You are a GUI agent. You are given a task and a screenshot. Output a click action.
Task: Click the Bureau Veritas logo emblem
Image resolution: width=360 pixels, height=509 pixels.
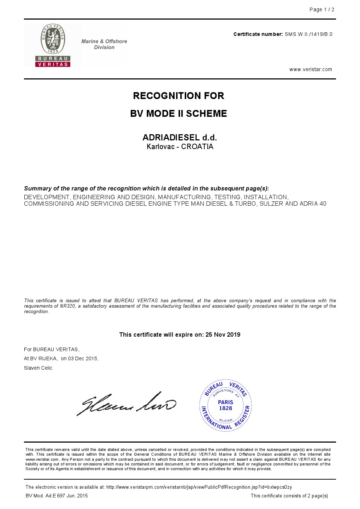tap(53, 45)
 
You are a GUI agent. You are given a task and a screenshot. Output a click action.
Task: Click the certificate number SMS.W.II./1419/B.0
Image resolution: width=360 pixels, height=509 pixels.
tap(308, 34)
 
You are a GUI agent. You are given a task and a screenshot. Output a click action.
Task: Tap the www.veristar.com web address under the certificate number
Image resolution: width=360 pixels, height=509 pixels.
tap(311, 70)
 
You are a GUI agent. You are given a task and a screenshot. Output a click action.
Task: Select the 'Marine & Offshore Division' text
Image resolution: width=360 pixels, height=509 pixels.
tap(104, 44)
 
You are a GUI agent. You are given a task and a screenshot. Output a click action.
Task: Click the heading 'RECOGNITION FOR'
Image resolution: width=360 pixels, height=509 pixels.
tap(179, 96)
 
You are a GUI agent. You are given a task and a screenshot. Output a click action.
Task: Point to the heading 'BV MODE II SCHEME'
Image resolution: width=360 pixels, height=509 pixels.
tap(179, 114)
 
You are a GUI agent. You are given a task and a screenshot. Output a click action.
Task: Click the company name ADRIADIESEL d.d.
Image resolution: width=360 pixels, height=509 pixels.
tap(180, 137)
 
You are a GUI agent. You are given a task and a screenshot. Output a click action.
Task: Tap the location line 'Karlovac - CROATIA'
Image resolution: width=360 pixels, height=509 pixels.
tap(180, 147)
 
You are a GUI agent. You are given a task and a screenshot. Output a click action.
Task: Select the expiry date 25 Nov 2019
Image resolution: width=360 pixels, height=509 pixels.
tap(223, 335)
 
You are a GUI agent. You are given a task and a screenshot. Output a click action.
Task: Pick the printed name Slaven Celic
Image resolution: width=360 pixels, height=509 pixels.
tap(38, 368)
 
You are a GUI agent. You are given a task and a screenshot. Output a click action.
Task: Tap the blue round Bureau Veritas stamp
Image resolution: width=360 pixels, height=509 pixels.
tap(225, 406)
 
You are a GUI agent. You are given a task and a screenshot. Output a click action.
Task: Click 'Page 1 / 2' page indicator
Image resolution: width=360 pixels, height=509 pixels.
tap(322, 10)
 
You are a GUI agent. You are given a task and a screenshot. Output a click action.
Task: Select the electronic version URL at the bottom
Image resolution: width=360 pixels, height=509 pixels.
tap(199, 487)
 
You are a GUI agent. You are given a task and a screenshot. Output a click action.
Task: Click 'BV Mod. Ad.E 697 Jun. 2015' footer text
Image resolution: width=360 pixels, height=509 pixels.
tap(57, 496)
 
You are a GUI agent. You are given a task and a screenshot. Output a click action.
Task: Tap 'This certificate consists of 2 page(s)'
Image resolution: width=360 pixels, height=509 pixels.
tap(289, 496)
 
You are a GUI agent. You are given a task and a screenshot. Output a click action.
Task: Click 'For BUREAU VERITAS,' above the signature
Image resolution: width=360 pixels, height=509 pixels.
tap(52, 350)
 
